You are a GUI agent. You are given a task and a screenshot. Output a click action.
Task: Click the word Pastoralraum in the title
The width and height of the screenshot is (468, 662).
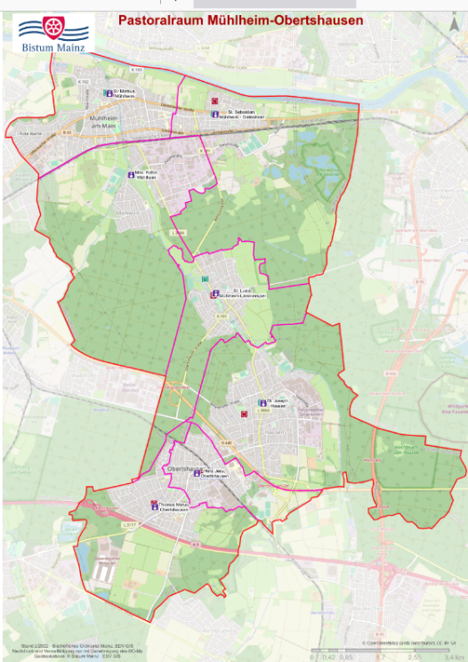(154, 19)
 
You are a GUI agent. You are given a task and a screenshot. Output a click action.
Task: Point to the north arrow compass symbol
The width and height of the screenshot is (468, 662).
(453, 26)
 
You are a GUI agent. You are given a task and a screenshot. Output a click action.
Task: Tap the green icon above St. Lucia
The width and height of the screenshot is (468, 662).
(206, 279)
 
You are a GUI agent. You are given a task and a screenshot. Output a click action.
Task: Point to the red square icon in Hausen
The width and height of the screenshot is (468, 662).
(244, 414)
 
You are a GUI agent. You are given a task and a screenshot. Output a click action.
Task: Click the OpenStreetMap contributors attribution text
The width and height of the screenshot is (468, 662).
(409, 642)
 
